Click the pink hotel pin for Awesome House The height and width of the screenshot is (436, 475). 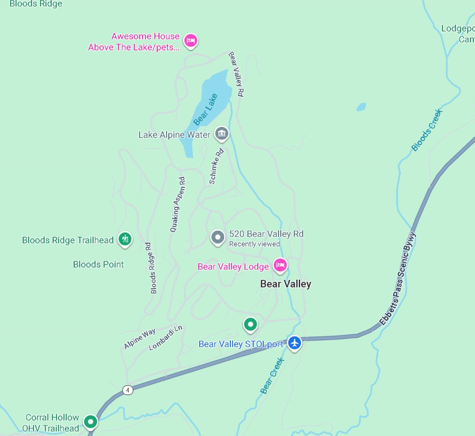pyautogui.click(x=191, y=40)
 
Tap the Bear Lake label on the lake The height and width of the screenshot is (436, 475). pyautogui.click(x=206, y=109)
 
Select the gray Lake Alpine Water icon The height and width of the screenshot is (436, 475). pyautogui.click(x=221, y=133)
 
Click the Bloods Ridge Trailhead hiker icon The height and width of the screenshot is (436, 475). pyautogui.click(x=125, y=239)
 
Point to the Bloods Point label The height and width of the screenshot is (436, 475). pyautogui.click(x=98, y=264)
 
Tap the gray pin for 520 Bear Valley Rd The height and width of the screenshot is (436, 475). pyautogui.click(x=218, y=237)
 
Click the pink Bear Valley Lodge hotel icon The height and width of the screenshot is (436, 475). pyautogui.click(x=280, y=266)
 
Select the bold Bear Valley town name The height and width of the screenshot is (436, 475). pyautogui.click(x=285, y=284)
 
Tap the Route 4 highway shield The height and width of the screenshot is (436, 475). pyautogui.click(x=128, y=390)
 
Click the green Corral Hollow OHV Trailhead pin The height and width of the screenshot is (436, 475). pyautogui.click(x=91, y=422)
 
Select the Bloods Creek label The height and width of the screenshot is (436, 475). pyautogui.click(x=427, y=130)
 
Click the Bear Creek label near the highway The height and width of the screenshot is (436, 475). pyautogui.click(x=272, y=376)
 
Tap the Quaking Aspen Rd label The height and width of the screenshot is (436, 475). pyautogui.click(x=178, y=204)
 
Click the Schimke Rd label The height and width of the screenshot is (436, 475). pyautogui.click(x=216, y=166)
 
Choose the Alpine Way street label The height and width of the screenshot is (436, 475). pyautogui.click(x=140, y=338)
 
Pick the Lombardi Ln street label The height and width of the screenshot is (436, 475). pyautogui.click(x=165, y=338)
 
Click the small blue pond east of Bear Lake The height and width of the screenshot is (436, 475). pyautogui.click(x=361, y=107)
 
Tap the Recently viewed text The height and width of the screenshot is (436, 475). pyautogui.click(x=254, y=244)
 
